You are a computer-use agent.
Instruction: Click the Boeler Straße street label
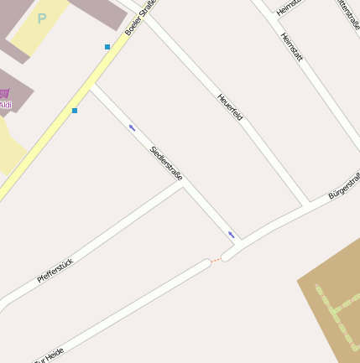point(141,18)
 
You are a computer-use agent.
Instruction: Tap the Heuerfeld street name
point(230,106)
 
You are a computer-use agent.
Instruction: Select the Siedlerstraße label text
point(166,163)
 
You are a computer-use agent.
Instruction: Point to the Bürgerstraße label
point(344,185)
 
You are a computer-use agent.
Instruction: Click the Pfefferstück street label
point(55,270)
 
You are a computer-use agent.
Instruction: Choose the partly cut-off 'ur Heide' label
point(49,355)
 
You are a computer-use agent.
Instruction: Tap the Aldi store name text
point(6,105)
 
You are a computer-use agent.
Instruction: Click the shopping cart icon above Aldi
point(5,93)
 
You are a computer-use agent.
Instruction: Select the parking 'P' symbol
point(42,18)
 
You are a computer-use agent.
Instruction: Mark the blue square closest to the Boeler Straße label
point(107,47)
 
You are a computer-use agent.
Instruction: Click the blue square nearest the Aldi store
point(75,111)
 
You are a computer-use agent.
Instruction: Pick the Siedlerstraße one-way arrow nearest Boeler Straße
point(132,127)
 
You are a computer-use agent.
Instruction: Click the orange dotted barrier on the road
point(216,261)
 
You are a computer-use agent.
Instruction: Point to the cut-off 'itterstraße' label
point(347,13)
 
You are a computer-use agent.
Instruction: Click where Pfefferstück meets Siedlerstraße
point(182,186)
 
